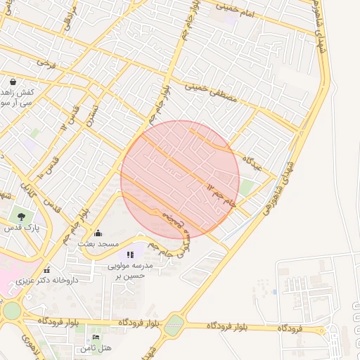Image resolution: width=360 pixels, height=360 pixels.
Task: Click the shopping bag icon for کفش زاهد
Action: click(x=13, y=82)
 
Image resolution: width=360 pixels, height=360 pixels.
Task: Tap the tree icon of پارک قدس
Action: click(x=22, y=217)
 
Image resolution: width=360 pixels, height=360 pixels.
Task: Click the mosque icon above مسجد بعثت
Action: click(x=98, y=233)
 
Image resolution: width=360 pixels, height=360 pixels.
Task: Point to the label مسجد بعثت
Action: click(x=96, y=243)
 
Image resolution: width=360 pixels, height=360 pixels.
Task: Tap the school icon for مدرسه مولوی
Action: click(x=130, y=254)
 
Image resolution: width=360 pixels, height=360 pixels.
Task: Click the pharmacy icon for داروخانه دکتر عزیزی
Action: click(x=47, y=270)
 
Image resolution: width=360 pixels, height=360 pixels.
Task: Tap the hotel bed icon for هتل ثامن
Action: click(x=96, y=338)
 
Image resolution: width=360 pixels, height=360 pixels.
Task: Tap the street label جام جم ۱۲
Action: click(x=221, y=195)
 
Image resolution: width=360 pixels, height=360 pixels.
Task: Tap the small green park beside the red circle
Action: click(x=246, y=188)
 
